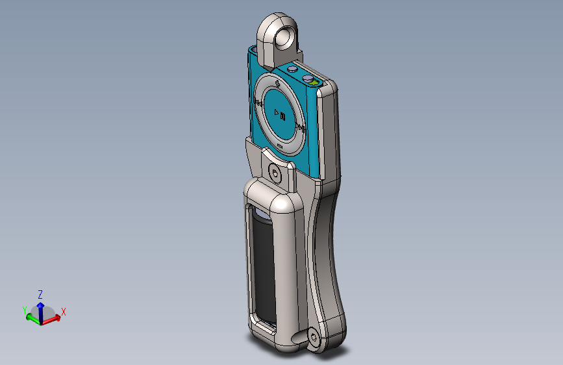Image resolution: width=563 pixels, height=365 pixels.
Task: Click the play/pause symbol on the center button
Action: coord(280,115)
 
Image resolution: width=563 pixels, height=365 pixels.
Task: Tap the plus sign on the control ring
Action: coord(277,84)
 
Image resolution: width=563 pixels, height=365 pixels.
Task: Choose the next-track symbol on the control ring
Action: coord(300,129)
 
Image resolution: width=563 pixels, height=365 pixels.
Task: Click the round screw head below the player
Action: coord(275,173)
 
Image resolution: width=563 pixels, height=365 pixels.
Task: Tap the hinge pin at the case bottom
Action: coord(314,337)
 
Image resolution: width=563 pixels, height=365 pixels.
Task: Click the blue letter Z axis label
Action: coord(40,294)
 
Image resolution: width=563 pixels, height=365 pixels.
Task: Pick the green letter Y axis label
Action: coord(25,310)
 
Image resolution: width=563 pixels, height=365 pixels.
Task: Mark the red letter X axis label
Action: coord(64,312)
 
